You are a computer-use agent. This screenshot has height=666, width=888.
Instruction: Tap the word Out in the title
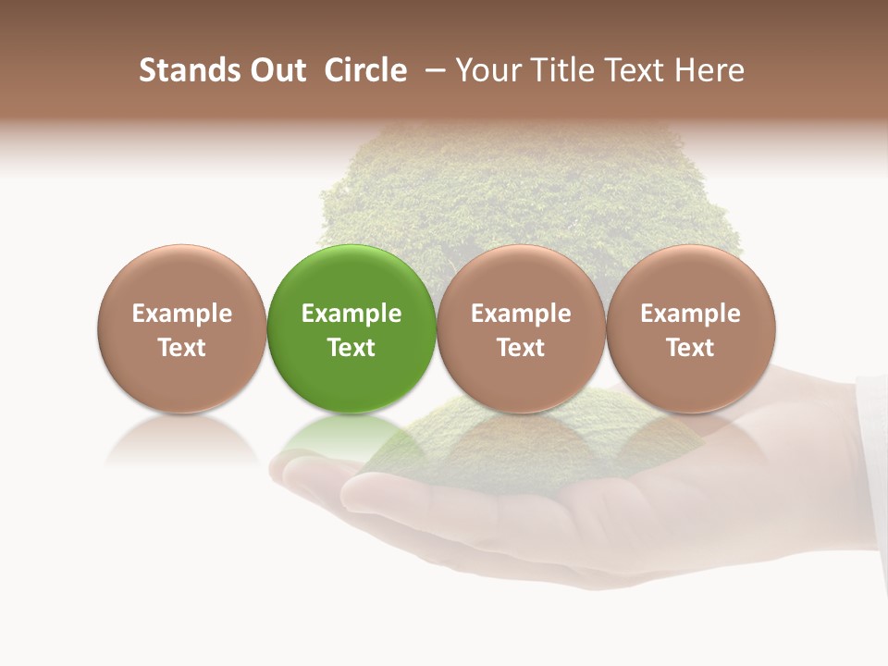coord(275,70)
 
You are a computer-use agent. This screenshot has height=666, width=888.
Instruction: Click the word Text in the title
coord(635,70)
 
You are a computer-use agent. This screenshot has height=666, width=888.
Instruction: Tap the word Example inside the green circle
coord(351,314)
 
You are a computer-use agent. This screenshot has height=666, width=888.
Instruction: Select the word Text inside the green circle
coord(351,348)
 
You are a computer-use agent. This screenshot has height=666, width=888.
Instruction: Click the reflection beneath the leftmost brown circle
coord(182,438)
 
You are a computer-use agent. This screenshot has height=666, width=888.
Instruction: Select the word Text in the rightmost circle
coord(690,348)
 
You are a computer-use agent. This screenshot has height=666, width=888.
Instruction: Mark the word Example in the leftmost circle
coord(182,314)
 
